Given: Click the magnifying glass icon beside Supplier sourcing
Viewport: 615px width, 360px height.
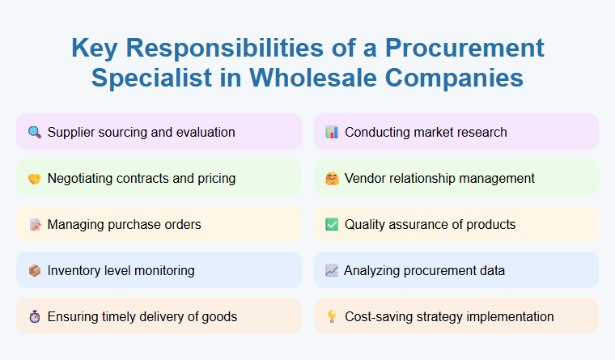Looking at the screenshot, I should pos(34,132).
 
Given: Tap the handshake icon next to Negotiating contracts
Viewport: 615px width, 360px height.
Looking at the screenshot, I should pos(34,178).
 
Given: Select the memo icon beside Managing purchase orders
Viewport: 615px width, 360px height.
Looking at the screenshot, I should pos(34,224).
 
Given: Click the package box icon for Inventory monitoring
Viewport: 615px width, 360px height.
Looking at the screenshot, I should pos(34,270).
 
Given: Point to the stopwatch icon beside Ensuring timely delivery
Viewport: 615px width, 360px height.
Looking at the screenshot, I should pos(34,316).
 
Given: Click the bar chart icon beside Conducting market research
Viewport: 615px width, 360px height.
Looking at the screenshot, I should pos(331,132).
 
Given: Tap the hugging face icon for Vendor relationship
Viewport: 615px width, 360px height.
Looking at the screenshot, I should pos(331,178).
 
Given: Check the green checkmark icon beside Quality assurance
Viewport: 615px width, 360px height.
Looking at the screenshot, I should pos(331,224).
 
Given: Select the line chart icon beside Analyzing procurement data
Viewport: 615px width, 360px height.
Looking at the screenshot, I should pos(331,270).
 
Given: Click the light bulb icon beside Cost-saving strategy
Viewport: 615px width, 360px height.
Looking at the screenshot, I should pos(331,316).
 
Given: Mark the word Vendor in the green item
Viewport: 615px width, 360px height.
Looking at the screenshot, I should pos(365,178).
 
